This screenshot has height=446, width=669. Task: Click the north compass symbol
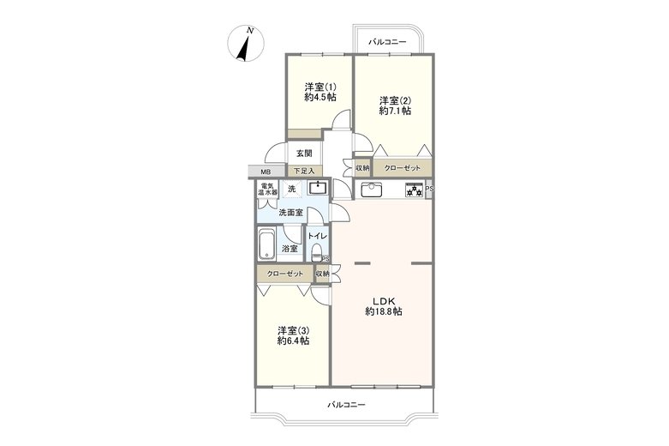[x=245, y=44]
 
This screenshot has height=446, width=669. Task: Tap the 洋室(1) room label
[x=320, y=87]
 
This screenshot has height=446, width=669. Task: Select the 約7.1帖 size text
[x=395, y=111]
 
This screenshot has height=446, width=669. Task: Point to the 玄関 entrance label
[x=304, y=153]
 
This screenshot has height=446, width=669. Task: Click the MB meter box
[x=266, y=172]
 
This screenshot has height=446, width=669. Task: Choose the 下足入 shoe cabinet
[x=304, y=172]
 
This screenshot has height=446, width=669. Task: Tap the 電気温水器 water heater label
[x=267, y=190]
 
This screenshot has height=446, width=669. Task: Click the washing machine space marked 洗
[x=292, y=189]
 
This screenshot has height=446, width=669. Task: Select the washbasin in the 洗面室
[x=318, y=189]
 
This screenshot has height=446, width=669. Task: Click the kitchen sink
[x=372, y=190]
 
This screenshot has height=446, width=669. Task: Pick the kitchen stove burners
[x=414, y=190]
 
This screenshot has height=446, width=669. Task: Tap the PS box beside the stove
[x=429, y=189]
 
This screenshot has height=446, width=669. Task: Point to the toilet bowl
[x=316, y=252]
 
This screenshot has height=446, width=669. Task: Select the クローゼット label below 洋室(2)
[x=402, y=168]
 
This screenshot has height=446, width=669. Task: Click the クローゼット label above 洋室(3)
[x=285, y=274]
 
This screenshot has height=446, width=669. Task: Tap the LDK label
[x=384, y=301]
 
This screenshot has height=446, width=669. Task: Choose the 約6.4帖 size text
[x=293, y=341]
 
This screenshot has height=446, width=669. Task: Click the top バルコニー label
[x=387, y=42]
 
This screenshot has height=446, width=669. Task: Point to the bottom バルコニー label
[x=346, y=405]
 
